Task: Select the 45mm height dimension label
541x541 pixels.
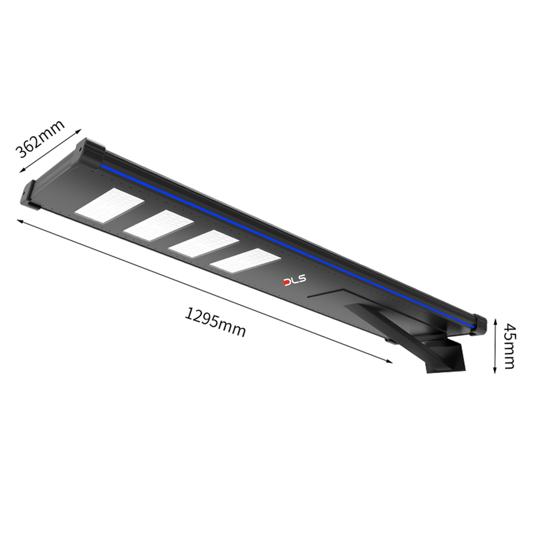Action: click(509, 346)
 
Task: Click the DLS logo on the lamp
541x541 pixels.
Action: click(295, 281)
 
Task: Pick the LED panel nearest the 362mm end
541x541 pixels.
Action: click(109, 206)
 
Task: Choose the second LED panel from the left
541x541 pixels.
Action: click(158, 225)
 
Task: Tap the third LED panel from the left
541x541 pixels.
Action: click(204, 243)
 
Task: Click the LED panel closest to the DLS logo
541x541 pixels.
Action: click(245, 260)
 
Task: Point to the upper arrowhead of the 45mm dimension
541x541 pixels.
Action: click(495, 321)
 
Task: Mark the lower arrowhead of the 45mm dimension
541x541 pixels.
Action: click(495, 371)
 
